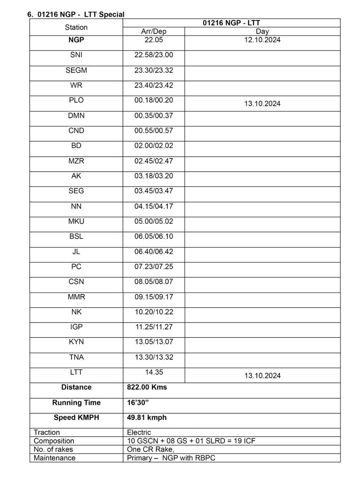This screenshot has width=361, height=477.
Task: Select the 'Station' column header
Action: (x=76, y=27)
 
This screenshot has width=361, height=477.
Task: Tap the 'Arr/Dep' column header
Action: (x=153, y=31)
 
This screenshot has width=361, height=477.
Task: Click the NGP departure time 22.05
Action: (x=153, y=40)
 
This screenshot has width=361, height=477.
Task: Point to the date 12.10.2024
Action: (x=262, y=40)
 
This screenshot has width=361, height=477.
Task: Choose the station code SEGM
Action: (x=76, y=71)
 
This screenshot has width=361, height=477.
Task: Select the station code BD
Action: (x=76, y=146)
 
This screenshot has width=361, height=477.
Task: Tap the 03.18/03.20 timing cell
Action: (x=153, y=176)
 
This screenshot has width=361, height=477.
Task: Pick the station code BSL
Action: (x=76, y=236)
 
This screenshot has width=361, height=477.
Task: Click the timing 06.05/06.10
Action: (x=153, y=236)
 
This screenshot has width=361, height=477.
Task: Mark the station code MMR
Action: (x=76, y=297)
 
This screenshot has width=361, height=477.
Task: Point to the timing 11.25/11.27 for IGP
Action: (x=153, y=327)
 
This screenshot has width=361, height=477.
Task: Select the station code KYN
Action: (x=76, y=342)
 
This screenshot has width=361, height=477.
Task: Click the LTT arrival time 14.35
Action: (x=153, y=372)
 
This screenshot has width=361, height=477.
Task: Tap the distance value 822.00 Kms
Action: (x=147, y=388)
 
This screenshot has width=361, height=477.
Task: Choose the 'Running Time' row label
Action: (x=76, y=403)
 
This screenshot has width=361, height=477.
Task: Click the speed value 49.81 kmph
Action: (x=147, y=418)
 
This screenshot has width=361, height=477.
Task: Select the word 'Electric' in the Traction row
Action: (x=139, y=433)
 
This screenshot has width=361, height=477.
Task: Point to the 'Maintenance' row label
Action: (x=54, y=458)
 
